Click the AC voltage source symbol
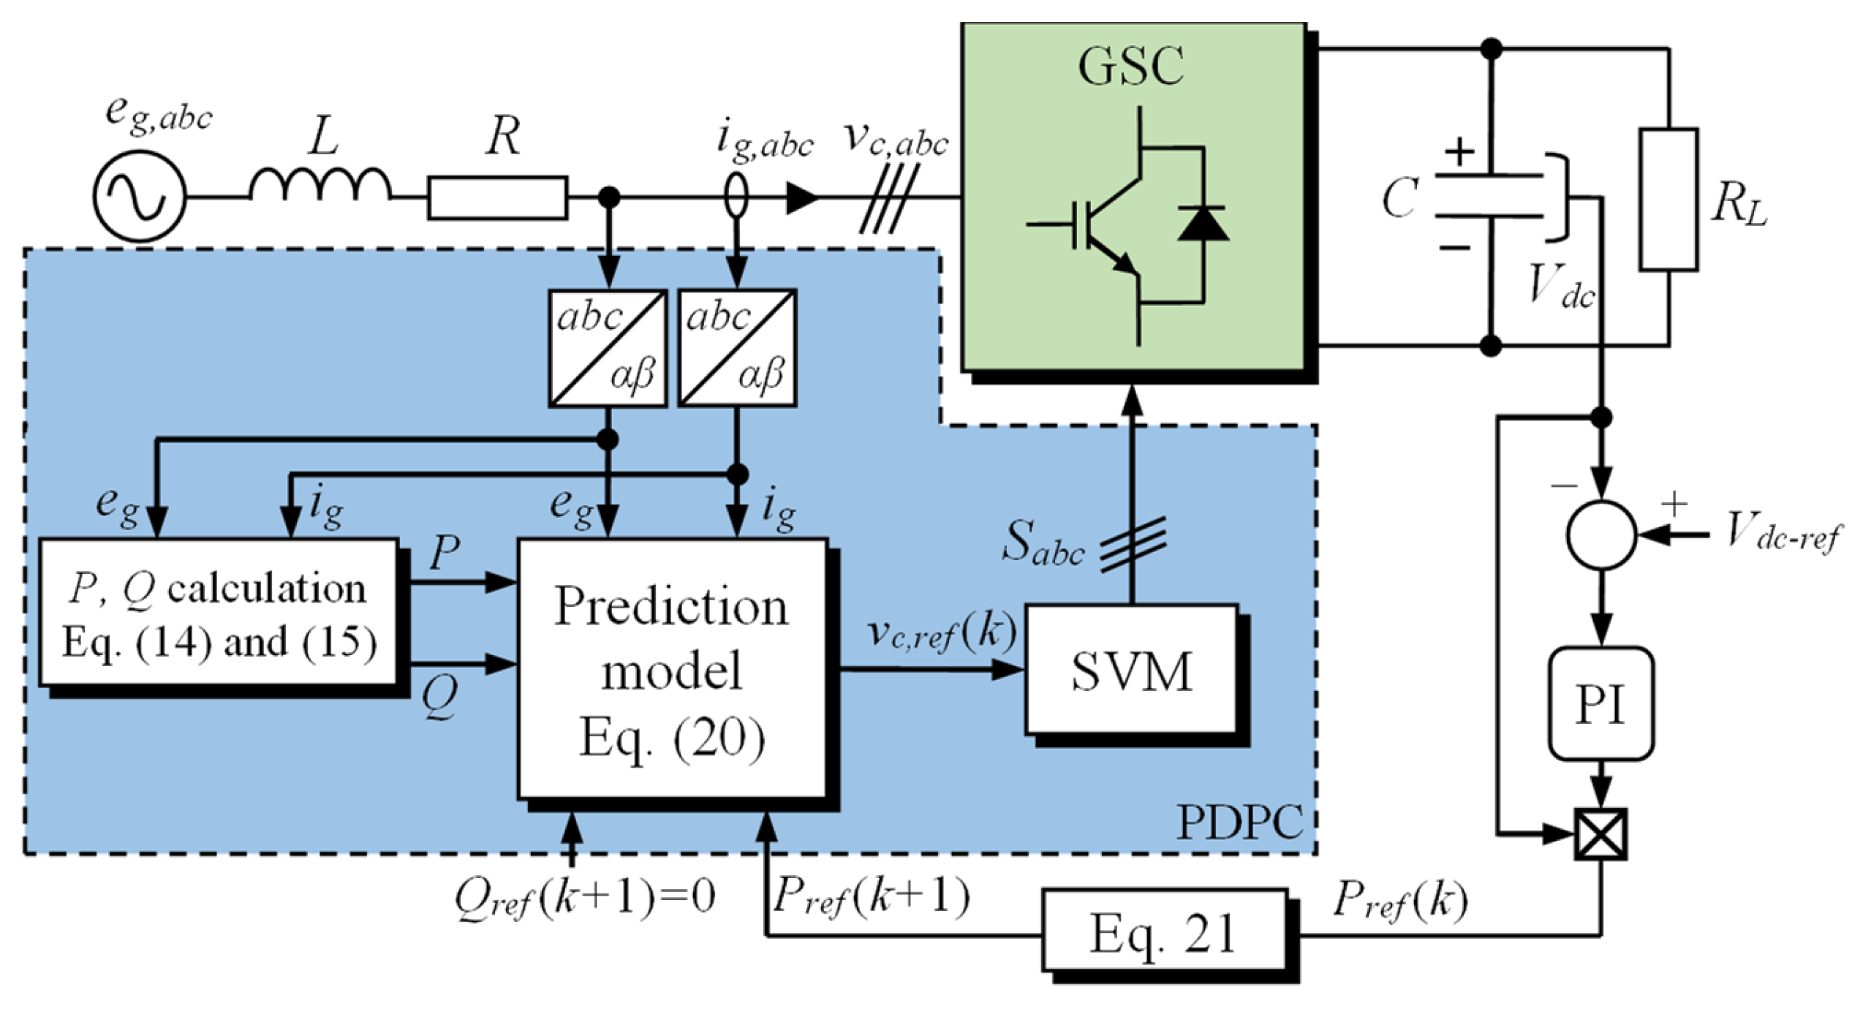139,196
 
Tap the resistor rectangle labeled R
497,197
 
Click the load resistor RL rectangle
1668,200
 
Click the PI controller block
1601,703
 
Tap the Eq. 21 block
1163,930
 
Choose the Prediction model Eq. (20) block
672,669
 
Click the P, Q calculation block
218,613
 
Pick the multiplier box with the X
1601,834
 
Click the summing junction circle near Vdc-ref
1601,534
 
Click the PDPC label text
1239,823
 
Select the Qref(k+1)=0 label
585,896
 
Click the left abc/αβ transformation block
608,348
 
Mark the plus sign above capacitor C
1460,152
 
